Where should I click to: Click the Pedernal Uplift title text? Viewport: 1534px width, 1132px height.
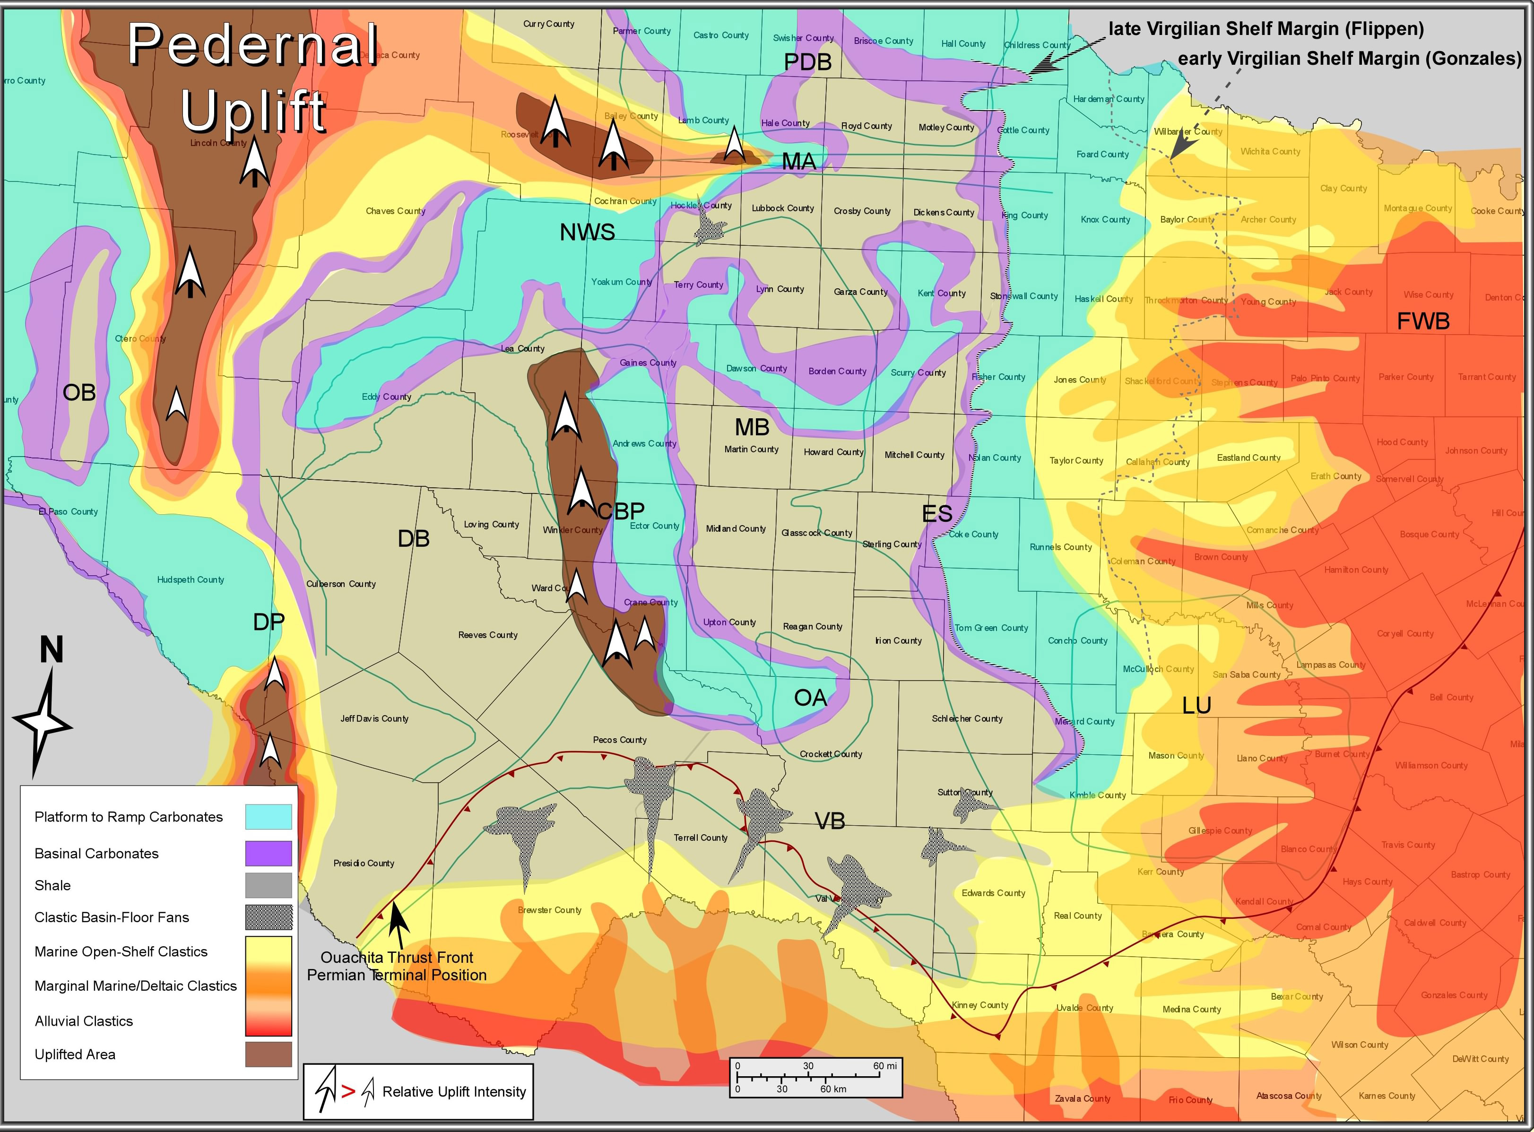[x=253, y=77]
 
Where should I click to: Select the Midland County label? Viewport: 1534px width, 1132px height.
[x=736, y=528]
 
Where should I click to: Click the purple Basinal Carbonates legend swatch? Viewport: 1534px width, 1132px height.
[x=268, y=853]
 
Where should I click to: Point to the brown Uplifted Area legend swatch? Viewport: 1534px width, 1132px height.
[x=268, y=1054]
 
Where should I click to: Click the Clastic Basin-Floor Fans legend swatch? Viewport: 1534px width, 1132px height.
[x=268, y=917]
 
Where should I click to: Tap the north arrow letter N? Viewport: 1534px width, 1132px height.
[x=52, y=649]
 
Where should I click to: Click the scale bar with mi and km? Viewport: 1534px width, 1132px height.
[x=815, y=1077]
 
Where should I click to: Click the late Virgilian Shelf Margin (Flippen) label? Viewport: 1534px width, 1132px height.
[x=1266, y=29]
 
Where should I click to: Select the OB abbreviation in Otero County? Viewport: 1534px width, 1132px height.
[x=79, y=393]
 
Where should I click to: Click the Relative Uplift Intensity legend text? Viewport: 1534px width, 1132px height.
[x=454, y=1091]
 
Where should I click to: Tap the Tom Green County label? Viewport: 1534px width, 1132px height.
[x=991, y=628]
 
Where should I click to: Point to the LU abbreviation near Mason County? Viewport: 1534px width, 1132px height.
[x=1197, y=705]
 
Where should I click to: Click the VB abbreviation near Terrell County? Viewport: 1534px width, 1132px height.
[x=829, y=821]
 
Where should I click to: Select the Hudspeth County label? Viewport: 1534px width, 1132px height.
[x=191, y=579]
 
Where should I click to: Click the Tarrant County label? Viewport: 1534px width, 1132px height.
[x=1487, y=377]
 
